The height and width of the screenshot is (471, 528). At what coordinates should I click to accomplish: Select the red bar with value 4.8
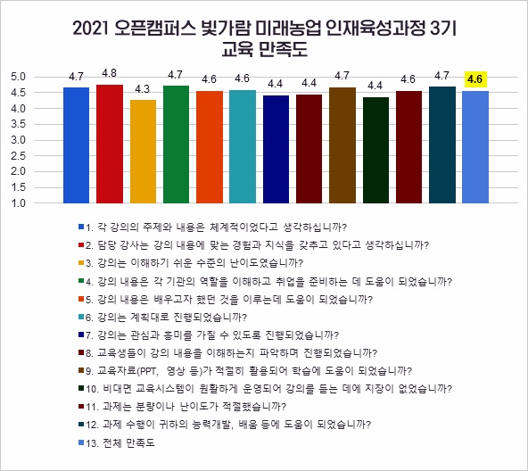click(x=110, y=144)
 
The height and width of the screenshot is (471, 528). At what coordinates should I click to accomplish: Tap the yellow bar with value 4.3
click(x=143, y=151)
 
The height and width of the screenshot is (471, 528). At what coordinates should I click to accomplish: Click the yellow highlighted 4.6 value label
click(x=475, y=80)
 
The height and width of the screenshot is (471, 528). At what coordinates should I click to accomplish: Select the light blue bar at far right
click(x=475, y=147)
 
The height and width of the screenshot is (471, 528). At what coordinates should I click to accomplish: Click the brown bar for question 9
click(x=342, y=145)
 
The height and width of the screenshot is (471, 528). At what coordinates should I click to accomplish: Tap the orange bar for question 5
click(x=210, y=147)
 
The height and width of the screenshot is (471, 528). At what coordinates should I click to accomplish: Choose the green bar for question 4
click(x=177, y=145)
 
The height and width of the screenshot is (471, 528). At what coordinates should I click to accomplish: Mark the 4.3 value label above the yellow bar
click(x=143, y=89)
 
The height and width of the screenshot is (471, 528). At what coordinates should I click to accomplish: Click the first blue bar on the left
click(x=77, y=145)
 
